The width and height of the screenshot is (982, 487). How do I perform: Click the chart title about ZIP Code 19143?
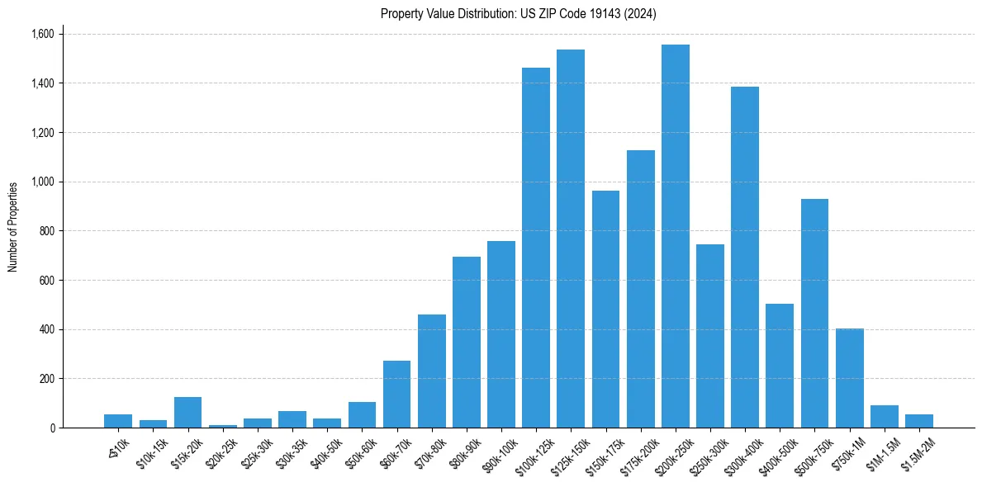pos(518,13)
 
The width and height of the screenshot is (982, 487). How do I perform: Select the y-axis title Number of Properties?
pos(13,227)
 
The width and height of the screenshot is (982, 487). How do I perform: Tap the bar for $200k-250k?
pos(675,236)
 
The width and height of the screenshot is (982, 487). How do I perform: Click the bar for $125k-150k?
pos(571,239)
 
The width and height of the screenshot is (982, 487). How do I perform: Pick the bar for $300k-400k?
pos(745,257)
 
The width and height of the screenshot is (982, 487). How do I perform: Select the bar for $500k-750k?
pos(814,313)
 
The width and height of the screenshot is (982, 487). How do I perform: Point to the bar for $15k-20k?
pos(187,412)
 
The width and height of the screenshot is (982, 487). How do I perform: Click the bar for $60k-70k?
pos(396,394)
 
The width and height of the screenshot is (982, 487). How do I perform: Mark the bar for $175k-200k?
pos(640,289)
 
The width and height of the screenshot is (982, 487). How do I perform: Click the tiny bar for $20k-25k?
pos(223,426)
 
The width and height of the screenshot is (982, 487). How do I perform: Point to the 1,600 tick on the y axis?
pos(42,34)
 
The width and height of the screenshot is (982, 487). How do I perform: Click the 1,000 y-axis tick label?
pos(42,182)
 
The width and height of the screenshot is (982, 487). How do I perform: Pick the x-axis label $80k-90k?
pos(461,450)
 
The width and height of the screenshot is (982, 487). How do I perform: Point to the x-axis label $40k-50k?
pos(321,450)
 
